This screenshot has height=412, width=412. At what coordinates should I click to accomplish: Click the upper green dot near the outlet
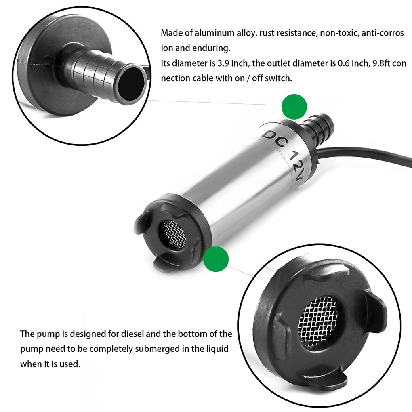(x=294, y=107)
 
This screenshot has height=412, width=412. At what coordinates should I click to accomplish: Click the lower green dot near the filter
(x=216, y=259)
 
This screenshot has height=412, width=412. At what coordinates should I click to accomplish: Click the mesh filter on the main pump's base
(x=174, y=235)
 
